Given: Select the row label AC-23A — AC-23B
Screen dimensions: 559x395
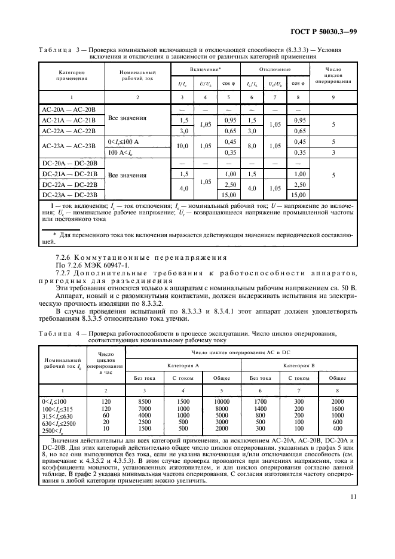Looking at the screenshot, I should coord(72,146).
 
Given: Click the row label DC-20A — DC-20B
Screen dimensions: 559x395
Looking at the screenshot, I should coord(72,162).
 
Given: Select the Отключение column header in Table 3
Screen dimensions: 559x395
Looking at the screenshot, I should coord(275,70).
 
